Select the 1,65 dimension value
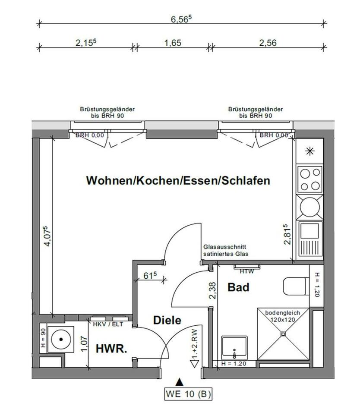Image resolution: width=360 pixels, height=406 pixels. click(x=173, y=43)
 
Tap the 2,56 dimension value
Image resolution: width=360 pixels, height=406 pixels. click(x=268, y=43)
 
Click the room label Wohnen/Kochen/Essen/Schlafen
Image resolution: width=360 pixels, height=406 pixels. click(x=178, y=180)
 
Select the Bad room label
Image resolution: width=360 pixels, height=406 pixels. click(x=238, y=287)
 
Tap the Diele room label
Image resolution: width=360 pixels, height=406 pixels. click(x=167, y=321)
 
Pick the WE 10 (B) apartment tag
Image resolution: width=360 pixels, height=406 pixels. click(x=189, y=393)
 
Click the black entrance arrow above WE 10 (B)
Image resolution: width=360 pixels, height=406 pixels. click(x=180, y=381)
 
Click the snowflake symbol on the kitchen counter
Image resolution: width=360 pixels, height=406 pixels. click(x=309, y=151)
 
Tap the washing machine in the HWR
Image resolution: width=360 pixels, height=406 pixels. click(x=60, y=339)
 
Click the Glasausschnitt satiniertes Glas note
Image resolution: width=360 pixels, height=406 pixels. click(x=226, y=251)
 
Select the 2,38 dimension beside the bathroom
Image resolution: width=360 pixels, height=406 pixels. click(x=212, y=290)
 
